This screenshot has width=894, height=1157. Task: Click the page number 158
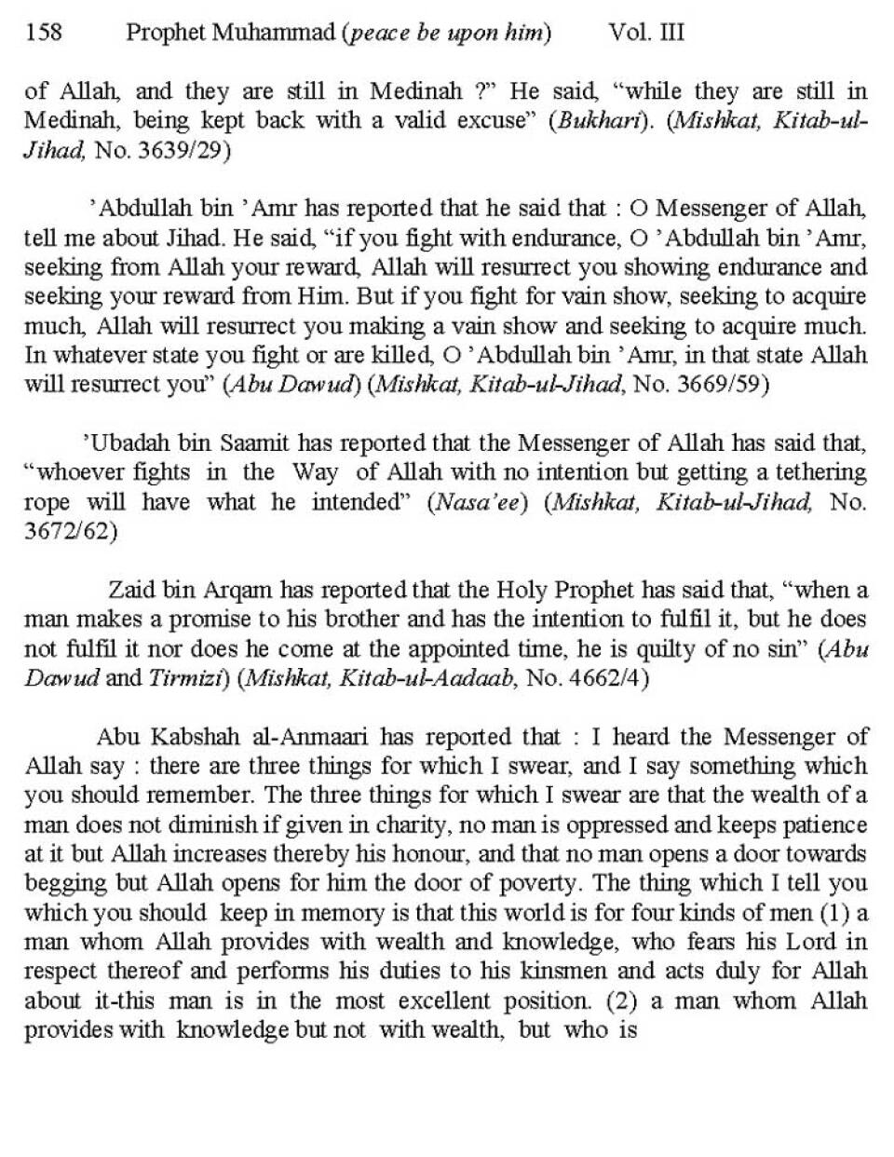point(44,34)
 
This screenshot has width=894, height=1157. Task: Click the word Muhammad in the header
point(278,34)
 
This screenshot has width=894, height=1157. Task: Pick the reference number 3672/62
point(70,531)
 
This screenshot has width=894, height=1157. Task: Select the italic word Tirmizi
point(187,677)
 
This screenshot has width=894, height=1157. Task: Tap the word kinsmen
point(613,971)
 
